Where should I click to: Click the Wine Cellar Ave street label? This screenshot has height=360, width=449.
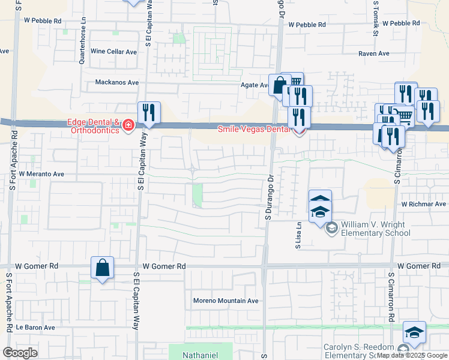tap(114, 52)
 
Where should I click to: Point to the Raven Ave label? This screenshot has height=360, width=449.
tap(374, 53)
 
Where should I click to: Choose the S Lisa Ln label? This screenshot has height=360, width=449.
tap(297, 233)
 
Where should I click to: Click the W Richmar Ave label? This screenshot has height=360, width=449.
tap(424, 204)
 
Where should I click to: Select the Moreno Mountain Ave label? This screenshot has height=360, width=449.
tap(225, 301)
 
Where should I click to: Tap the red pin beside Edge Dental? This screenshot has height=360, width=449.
tap(128, 125)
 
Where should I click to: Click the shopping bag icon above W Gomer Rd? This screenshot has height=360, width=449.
tap(103, 268)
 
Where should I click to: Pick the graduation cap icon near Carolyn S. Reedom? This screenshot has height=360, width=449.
tap(414, 332)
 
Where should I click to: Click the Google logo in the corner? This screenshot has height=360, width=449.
tap(21, 353)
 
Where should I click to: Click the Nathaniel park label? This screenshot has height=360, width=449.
tap(201, 355)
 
